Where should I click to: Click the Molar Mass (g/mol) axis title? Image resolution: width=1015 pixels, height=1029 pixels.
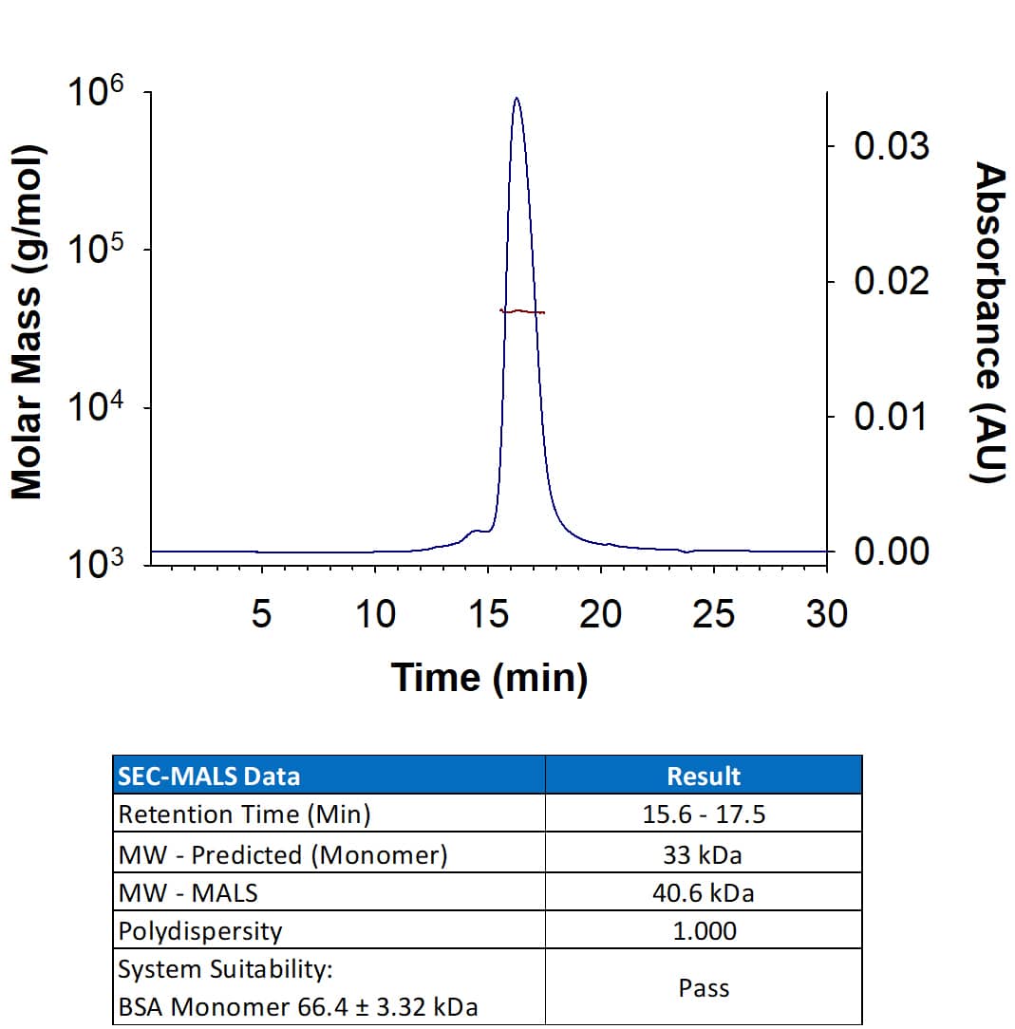tap(28, 323)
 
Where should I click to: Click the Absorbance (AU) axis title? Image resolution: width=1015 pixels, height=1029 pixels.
tap(989, 323)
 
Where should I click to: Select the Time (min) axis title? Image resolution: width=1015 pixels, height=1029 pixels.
tap(489, 678)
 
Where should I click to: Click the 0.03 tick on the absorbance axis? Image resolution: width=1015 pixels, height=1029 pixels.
tap(891, 147)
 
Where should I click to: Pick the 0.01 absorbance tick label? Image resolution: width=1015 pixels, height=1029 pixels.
tap(891, 417)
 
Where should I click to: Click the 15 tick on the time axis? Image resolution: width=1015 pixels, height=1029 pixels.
tap(488, 615)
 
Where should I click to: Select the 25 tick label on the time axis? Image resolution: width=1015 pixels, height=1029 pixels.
tap(713, 615)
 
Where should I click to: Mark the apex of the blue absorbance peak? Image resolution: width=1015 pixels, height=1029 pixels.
tap(516, 98)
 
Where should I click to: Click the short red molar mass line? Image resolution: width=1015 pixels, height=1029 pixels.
tap(522, 311)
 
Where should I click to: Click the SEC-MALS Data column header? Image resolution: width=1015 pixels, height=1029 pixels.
tap(208, 776)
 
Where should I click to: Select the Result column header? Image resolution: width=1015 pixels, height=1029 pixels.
tap(704, 776)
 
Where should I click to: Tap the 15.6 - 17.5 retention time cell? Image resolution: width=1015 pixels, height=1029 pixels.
tap(704, 814)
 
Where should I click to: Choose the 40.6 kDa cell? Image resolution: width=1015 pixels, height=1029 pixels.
tap(704, 892)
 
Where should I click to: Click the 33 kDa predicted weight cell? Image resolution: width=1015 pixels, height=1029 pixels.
tap(704, 854)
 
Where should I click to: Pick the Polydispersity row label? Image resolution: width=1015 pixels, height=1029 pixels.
tap(199, 931)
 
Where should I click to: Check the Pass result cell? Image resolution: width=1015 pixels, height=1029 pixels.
tap(704, 988)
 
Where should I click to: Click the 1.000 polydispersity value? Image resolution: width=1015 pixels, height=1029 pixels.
tap(704, 931)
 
